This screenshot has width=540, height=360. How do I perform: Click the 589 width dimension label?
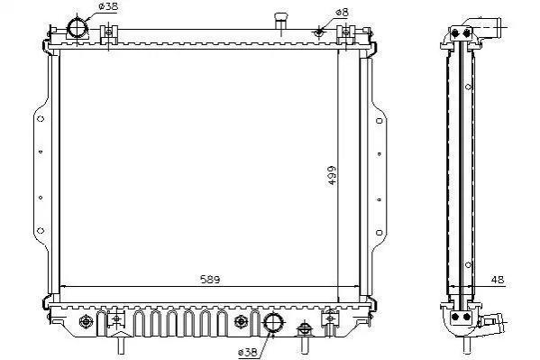click(x=210, y=280)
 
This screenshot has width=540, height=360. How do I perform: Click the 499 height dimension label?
click(x=332, y=175)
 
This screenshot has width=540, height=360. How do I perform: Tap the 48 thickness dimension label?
click(x=498, y=280)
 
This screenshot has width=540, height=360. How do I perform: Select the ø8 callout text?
click(x=342, y=13)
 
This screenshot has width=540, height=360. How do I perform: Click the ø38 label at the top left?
click(x=108, y=6)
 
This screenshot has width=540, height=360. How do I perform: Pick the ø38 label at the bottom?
click(x=247, y=352)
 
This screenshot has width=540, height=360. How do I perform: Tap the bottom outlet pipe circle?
click(x=273, y=323)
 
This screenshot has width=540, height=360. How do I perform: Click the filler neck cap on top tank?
click(x=281, y=17)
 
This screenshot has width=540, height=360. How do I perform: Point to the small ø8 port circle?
click(x=319, y=32)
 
